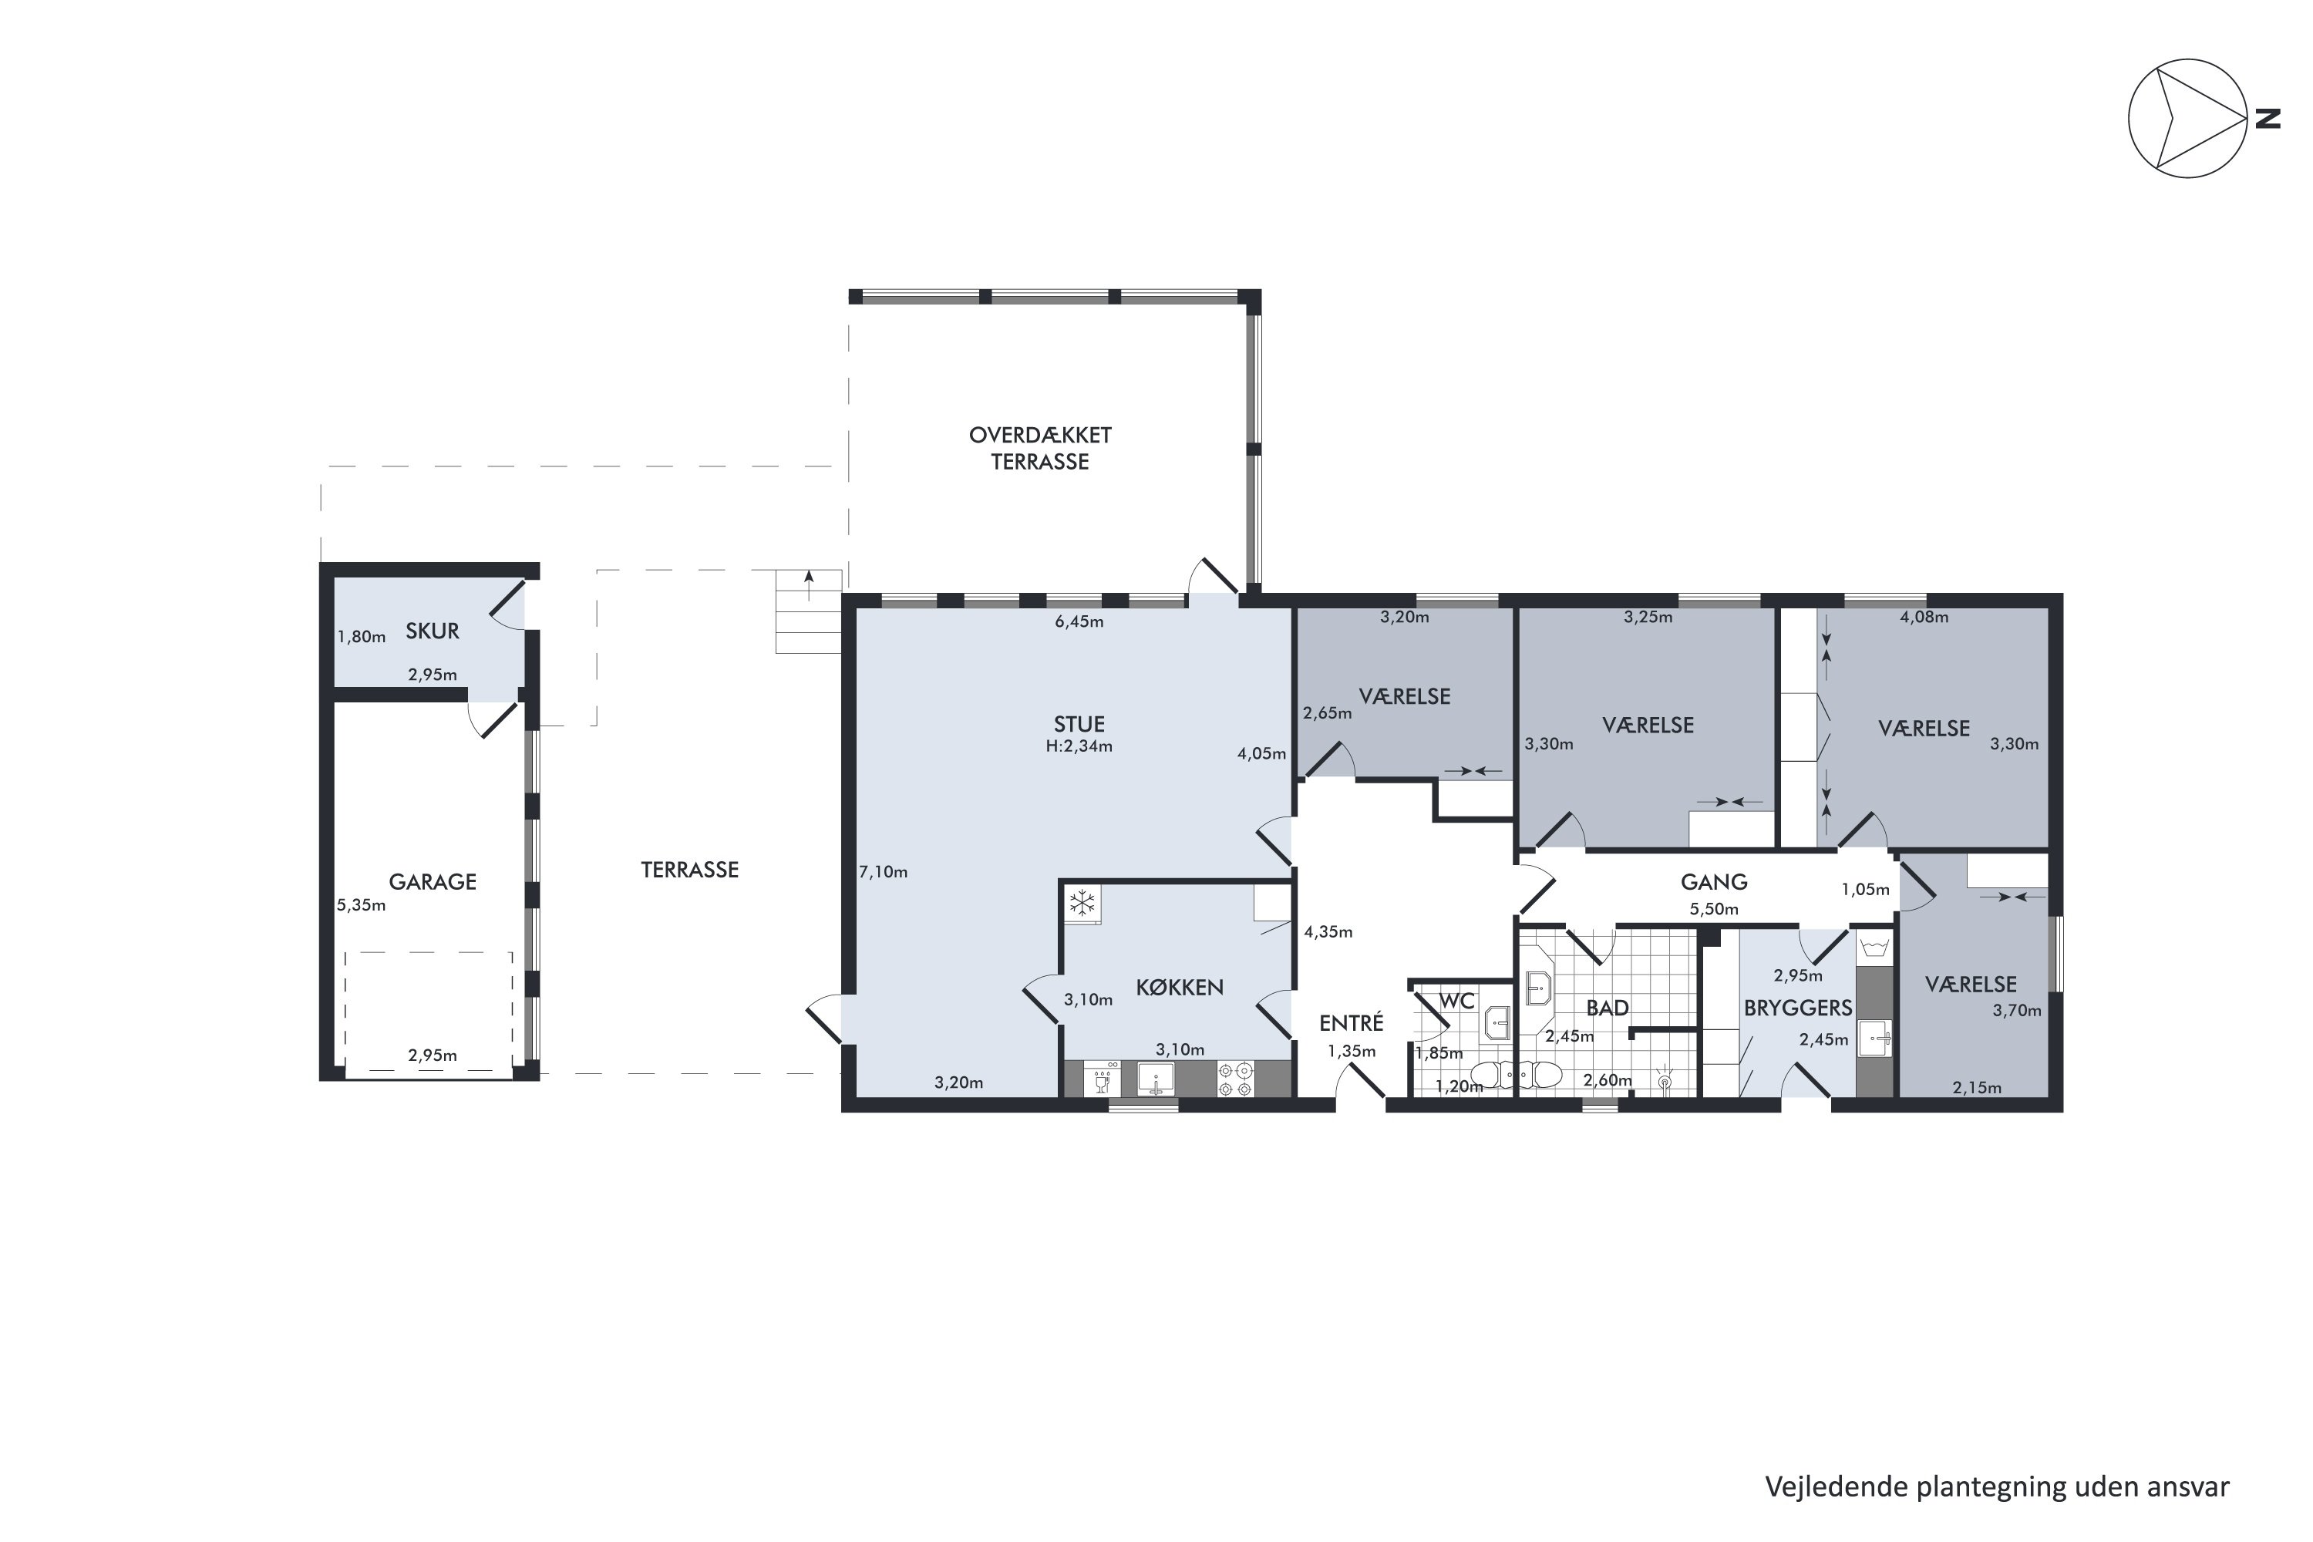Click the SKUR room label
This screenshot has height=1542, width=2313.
[x=432, y=631]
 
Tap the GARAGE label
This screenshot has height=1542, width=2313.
[x=432, y=882]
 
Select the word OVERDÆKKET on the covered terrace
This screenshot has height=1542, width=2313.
[x=1039, y=435]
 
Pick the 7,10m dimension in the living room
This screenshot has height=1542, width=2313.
[x=883, y=872]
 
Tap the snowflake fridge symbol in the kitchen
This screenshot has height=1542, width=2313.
[x=1082, y=903]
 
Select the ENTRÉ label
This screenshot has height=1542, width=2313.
[x=1352, y=1023]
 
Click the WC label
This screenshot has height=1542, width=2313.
[x=1456, y=1001]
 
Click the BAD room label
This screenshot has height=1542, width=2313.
[x=1607, y=1008]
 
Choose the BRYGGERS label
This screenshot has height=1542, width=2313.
[x=1798, y=1008]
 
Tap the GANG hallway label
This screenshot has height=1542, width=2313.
[x=1713, y=882]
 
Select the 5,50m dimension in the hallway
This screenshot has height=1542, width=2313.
[x=1713, y=910]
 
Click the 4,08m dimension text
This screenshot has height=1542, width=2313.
[x=1924, y=618]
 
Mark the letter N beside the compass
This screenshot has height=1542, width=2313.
[x=2267, y=119]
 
